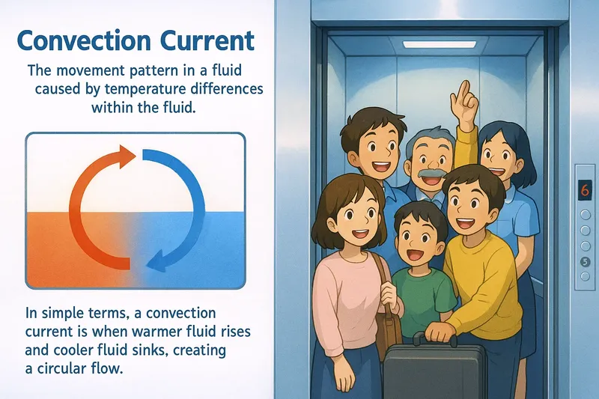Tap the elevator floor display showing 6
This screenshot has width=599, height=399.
[x=584, y=190]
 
